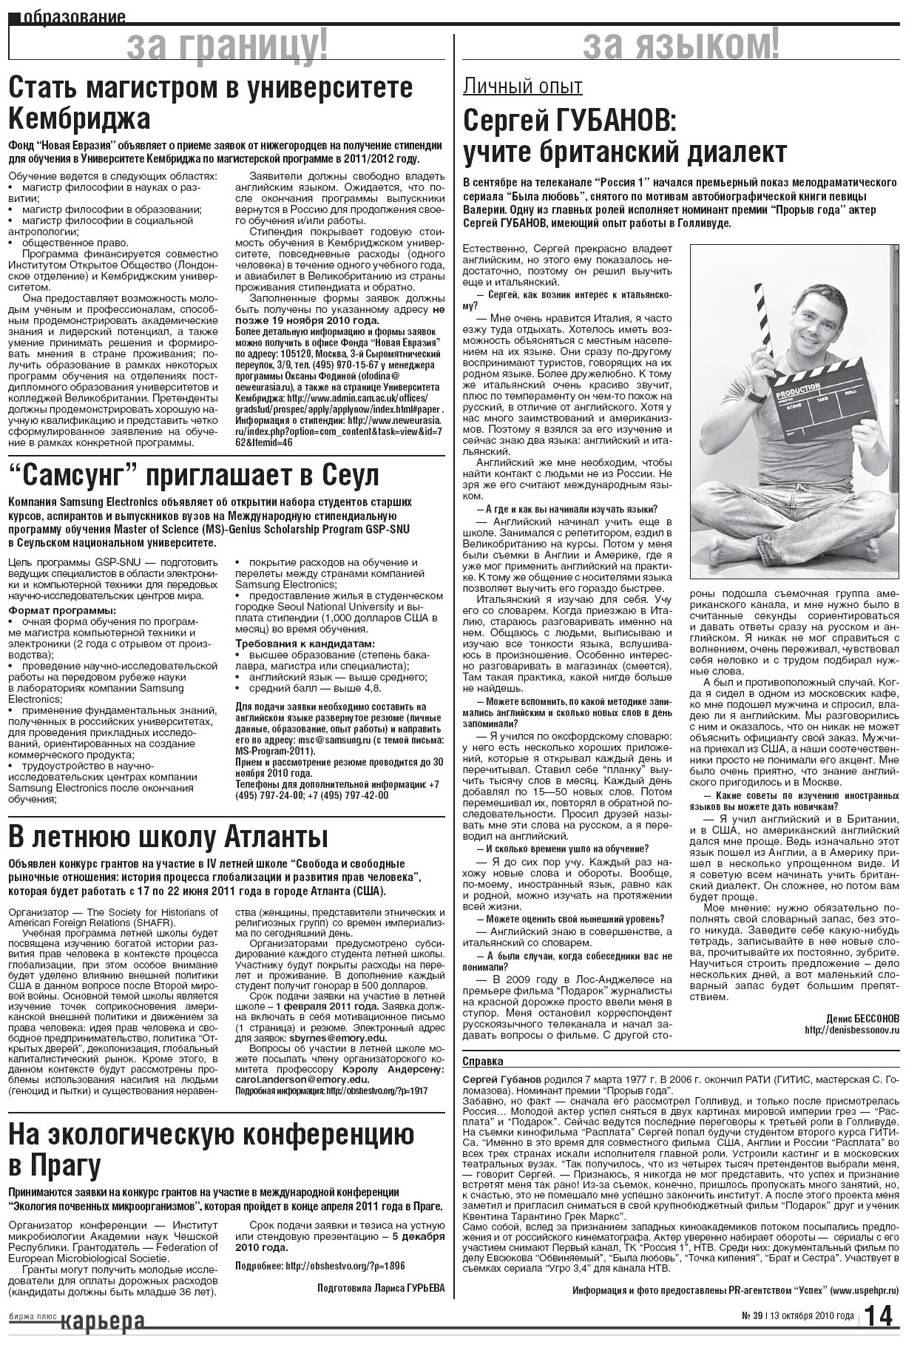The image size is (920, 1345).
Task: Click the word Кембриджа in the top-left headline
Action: pyautogui.click(x=79, y=118)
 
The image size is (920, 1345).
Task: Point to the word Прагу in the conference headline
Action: pyautogui.click(x=64, y=1167)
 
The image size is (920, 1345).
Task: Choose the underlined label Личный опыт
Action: pyautogui.click(x=522, y=87)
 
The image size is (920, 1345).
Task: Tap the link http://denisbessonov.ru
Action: pyautogui.click(x=852, y=1030)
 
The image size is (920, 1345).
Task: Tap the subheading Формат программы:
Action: pyautogui.click(x=62, y=610)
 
